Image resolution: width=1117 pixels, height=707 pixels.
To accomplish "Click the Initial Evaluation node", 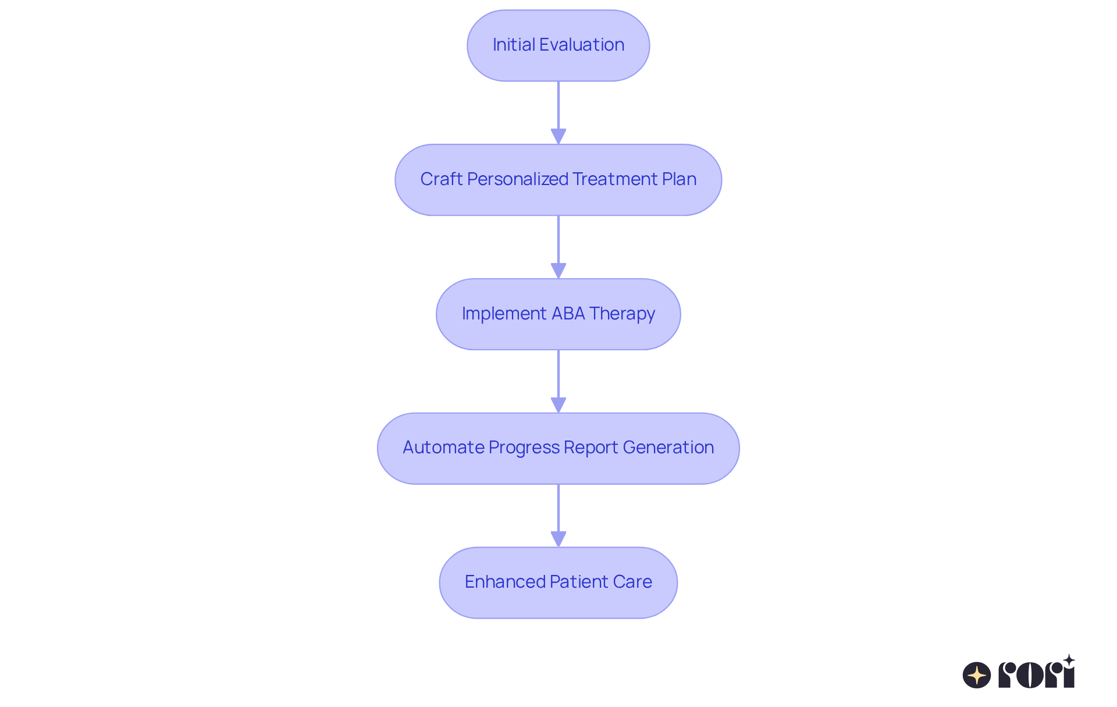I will click(x=558, y=45).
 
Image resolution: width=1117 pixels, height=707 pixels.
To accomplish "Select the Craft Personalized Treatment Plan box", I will click(x=558, y=180).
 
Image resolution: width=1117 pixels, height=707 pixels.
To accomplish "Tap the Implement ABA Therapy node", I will click(x=558, y=314).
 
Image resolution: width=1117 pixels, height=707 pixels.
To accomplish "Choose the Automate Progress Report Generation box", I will click(x=558, y=448).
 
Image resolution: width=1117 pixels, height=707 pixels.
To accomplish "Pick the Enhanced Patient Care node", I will click(x=558, y=582).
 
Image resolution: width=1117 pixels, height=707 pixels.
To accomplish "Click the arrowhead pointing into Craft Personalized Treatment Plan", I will click(x=558, y=136).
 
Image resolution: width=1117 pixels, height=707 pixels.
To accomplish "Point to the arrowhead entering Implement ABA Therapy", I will click(x=558, y=271).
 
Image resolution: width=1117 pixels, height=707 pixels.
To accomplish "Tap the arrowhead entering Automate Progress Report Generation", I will click(x=558, y=405).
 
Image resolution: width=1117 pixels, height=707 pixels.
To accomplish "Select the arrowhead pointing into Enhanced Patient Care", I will click(x=558, y=539).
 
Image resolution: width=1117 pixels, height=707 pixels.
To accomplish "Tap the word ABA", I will click(x=568, y=314).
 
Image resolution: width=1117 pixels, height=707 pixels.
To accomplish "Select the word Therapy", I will click(x=622, y=314).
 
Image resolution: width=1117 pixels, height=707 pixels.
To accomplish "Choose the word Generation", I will click(x=668, y=447).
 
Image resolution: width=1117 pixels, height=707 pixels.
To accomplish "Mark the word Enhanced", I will click(x=504, y=582).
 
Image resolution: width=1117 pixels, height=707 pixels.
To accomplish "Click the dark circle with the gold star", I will click(x=977, y=675).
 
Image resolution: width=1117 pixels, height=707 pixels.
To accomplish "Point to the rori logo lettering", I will click(x=1037, y=674).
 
